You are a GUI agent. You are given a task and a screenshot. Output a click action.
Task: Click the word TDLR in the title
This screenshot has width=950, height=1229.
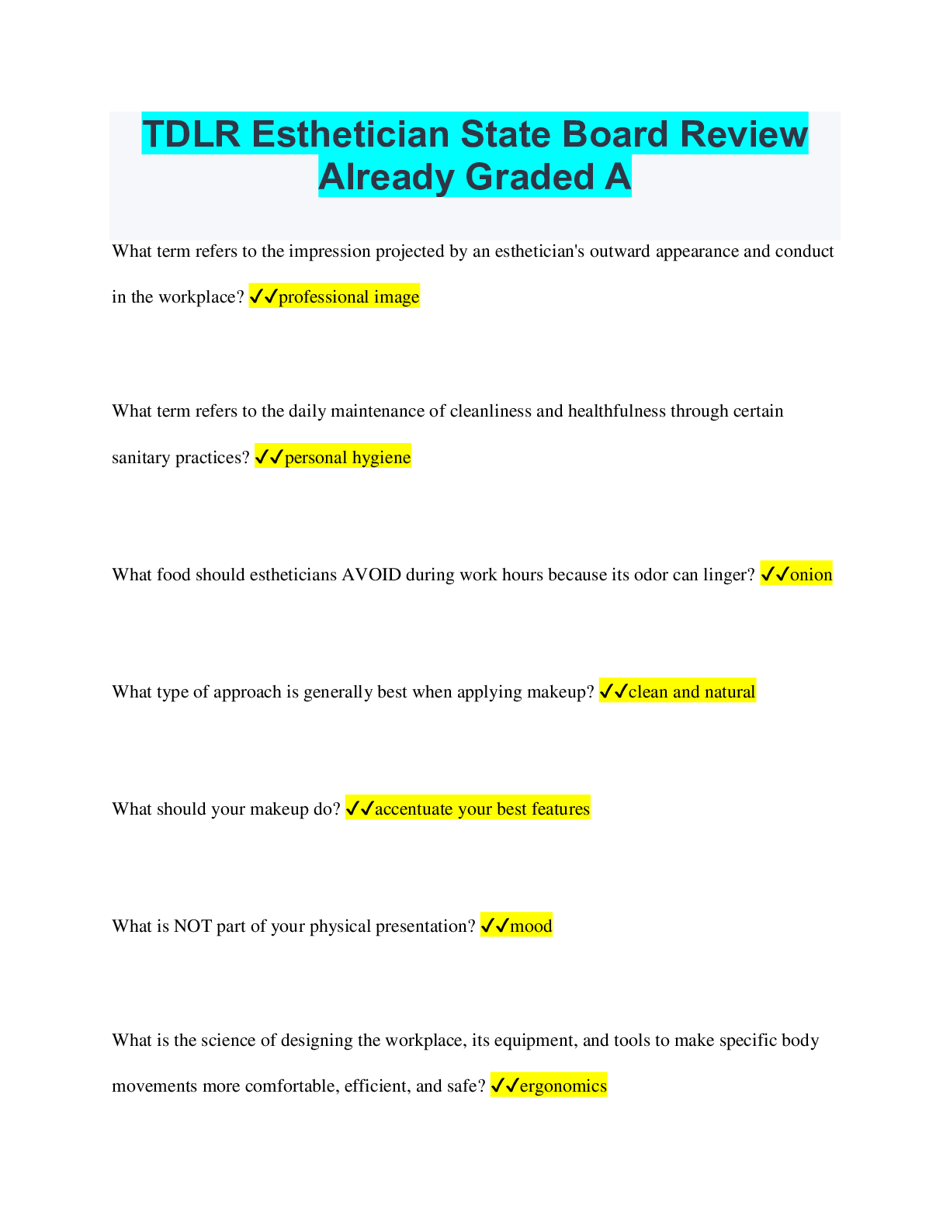tap(191, 134)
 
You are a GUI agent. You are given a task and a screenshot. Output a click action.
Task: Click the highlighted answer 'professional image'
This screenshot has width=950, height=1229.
tap(349, 296)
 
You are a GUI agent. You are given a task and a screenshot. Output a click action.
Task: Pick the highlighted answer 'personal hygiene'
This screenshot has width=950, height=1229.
tap(348, 457)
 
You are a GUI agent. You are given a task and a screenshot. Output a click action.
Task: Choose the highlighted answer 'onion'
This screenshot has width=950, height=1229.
tap(811, 575)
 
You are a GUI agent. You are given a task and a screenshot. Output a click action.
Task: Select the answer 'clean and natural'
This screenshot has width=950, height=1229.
tap(692, 692)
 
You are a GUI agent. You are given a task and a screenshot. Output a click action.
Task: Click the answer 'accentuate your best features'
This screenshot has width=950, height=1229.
tap(482, 808)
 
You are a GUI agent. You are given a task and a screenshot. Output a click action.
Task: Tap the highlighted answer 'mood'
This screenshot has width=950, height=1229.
tap(531, 926)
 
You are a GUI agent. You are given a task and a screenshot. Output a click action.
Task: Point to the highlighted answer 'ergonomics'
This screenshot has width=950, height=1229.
tap(563, 1086)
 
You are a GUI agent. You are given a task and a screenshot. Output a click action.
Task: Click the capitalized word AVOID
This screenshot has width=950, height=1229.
tap(371, 575)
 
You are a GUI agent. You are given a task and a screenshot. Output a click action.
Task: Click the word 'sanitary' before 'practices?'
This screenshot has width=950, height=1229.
tap(141, 458)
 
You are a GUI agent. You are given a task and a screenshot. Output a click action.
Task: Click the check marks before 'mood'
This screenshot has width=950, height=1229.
tap(494, 926)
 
